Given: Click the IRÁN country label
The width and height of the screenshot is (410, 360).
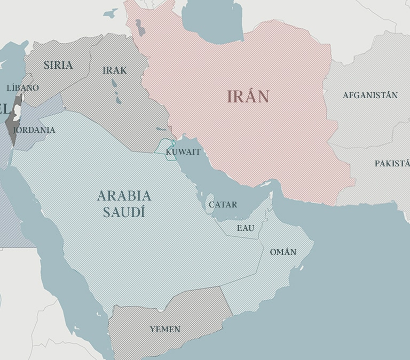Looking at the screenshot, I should (x=248, y=97).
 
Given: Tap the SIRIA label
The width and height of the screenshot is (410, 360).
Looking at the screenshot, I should (x=58, y=65).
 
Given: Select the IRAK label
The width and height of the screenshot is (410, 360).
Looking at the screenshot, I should (x=115, y=70).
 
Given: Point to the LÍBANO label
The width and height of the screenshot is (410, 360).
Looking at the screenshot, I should (x=23, y=87).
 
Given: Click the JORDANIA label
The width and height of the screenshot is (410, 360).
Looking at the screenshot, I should (x=34, y=130).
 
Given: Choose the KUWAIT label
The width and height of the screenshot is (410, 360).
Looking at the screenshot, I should (x=183, y=152).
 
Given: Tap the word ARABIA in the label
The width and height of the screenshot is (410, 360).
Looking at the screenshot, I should (x=124, y=196).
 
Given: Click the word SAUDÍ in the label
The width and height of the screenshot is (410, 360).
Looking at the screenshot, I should (x=124, y=212).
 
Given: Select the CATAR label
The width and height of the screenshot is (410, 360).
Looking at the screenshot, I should (x=223, y=204).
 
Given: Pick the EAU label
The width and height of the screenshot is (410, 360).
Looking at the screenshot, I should (x=246, y=228).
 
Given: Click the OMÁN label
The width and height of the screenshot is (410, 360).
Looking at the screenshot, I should (x=283, y=252).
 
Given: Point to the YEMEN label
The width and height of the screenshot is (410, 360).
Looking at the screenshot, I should (x=165, y=330).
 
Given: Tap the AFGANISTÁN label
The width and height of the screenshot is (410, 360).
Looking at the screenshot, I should (x=370, y=95).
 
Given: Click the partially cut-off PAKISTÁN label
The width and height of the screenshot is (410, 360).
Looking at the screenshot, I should (x=392, y=163).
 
